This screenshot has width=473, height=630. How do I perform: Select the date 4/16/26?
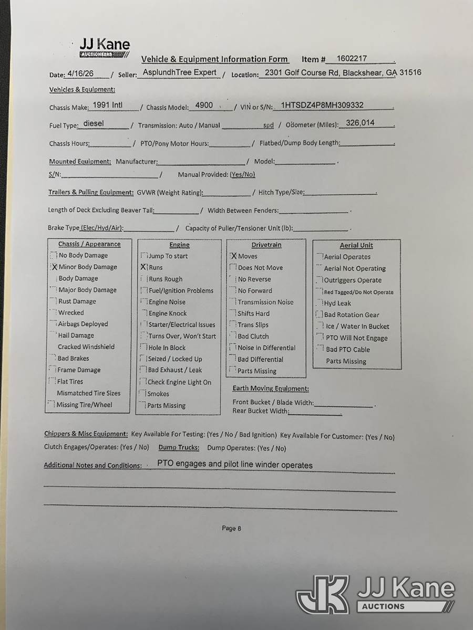80,74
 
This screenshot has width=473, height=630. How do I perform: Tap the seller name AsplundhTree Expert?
180,73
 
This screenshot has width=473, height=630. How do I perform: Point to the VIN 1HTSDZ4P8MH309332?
322,105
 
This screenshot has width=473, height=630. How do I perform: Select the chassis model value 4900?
204,105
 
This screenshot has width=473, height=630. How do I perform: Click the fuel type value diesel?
94,124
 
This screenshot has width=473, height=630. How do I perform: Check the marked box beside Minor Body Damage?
54,267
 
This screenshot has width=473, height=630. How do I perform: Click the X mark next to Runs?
143,267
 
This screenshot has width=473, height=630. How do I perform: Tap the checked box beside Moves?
234,256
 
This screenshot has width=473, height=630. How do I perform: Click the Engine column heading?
179,245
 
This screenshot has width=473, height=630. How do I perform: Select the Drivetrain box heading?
266,245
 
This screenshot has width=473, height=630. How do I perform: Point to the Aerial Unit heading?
356,245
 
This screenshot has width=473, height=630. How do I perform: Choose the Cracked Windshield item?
86,346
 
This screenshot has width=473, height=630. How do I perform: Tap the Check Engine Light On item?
179,382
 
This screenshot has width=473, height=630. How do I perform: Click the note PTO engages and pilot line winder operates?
234,465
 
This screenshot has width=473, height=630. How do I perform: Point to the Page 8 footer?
231,528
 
